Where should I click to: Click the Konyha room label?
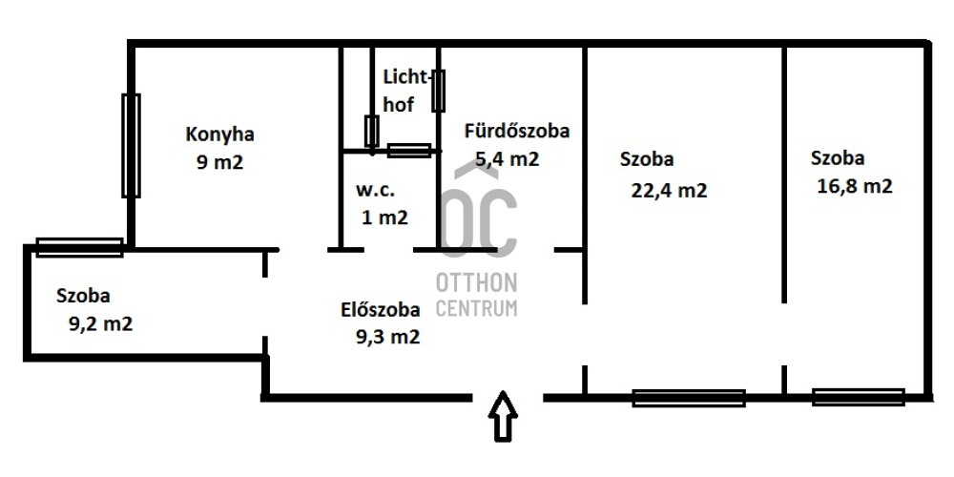point(219,135)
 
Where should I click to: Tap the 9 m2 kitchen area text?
point(219,162)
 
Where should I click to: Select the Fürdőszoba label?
point(517,131)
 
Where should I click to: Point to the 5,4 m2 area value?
point(507,159)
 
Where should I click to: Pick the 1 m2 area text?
point(384,218)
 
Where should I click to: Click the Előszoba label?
point(381,310)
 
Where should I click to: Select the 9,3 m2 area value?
point(387,337)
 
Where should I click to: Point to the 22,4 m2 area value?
point(670,191)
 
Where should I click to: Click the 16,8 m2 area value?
point(855,186)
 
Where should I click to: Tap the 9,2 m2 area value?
point(100,323)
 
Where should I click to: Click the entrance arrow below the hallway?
point(503,416)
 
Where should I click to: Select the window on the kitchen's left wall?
point(131,145)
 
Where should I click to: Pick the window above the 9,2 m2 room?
point(79,247)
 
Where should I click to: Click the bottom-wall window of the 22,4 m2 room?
point(689,398)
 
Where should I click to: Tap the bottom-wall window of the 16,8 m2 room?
point(858,397)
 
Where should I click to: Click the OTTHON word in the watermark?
point(476,283)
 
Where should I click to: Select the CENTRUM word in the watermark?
point(476,307)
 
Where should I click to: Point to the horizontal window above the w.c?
point(409,151)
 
